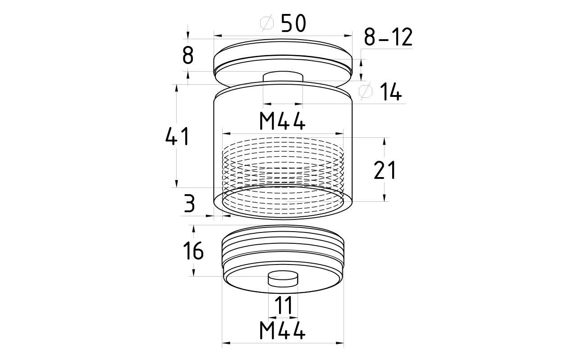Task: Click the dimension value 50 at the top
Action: (x=293, y=23)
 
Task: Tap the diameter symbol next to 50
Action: (x=267, y=23)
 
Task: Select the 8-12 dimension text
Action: (x=388, y=37)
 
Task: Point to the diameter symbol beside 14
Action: (x=366, y=91)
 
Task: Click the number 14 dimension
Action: (x=391, y=92)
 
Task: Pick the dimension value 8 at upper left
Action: (x=188, y=55)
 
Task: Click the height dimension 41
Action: (x=178, y=136)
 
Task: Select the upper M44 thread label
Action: (x=282, y=121)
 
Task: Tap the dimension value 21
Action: (x=385, y=170)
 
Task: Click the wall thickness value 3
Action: (x=189, y=204)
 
